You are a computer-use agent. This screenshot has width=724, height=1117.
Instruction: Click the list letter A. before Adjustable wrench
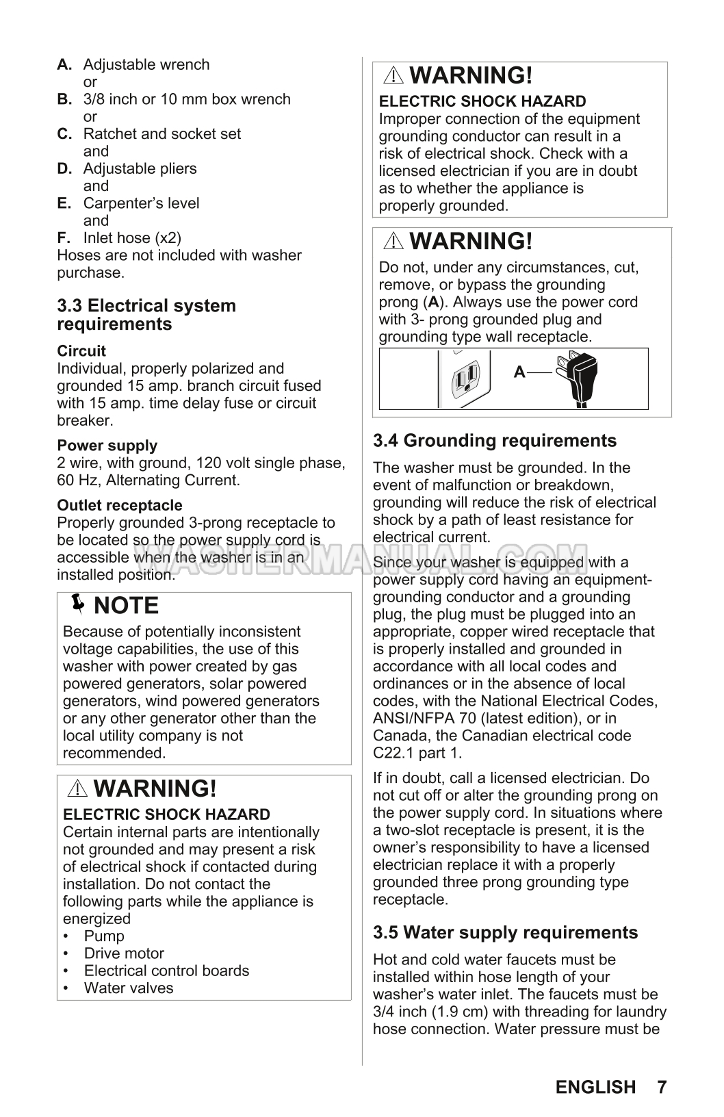tap(64, 65)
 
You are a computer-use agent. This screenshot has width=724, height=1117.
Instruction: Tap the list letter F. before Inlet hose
tap(64, 238)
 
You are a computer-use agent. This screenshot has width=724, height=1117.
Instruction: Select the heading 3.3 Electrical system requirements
tap(146, 315)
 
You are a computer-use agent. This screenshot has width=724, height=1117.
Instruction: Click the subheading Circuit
tap(81, 351)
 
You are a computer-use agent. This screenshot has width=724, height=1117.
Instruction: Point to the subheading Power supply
tap(107, 446)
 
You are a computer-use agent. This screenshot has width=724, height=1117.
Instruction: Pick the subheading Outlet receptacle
tap(120, 506)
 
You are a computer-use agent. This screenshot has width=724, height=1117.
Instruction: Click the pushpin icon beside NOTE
tap(79, 605)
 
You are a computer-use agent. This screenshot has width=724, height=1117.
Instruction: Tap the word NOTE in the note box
tap(126, 606)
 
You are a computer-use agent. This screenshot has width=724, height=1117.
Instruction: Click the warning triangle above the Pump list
tap(78, 789)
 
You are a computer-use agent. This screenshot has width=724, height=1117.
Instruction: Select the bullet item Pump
tap(104, 936)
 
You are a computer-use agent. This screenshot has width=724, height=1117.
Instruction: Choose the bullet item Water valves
tap(129, 988)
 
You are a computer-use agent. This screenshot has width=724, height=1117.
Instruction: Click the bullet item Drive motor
tap(124, 953)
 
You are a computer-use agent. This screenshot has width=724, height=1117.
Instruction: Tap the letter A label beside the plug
tap(519, 372)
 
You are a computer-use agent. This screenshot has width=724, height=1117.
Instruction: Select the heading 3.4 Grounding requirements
tap(495, 441)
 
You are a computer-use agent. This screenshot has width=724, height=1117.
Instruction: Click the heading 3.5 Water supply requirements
tap(505, 933)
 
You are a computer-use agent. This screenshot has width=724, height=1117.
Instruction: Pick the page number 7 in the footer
tap(662, 1087)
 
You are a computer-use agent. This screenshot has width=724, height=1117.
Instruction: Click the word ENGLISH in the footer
tap(595, 1087)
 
